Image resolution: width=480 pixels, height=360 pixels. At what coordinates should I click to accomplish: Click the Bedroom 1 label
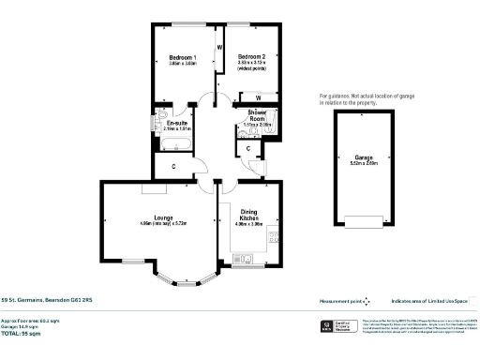(x=182, y=56)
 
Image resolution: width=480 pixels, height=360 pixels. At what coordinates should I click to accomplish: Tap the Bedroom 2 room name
(x=251, y=56)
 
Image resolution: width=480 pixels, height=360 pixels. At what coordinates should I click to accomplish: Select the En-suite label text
(x=176, y=123)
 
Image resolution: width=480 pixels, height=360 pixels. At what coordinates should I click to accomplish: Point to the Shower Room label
(x=257, y=116)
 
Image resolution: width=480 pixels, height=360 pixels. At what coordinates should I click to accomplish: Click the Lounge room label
(x=150, y=217)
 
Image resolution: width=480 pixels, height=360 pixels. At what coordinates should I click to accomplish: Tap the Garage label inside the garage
(x=364, y=157)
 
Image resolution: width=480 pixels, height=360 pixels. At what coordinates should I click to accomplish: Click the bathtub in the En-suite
(x=176, y=143)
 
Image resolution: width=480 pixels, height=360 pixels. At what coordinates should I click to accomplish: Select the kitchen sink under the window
(x=244, y=256)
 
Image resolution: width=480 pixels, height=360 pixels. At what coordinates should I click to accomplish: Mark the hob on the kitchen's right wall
(x=275, y=238)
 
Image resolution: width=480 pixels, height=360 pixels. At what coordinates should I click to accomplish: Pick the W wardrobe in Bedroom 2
(x=257, y=97)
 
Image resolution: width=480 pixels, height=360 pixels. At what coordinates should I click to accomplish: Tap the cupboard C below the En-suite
(x=176, y=167)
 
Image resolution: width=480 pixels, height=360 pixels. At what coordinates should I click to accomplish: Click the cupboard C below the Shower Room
(x=247, y=148)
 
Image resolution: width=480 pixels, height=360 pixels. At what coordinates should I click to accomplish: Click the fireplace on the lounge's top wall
(x=150, y=188)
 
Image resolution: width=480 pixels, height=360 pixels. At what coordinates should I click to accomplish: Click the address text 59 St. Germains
(x=47, y=301)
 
